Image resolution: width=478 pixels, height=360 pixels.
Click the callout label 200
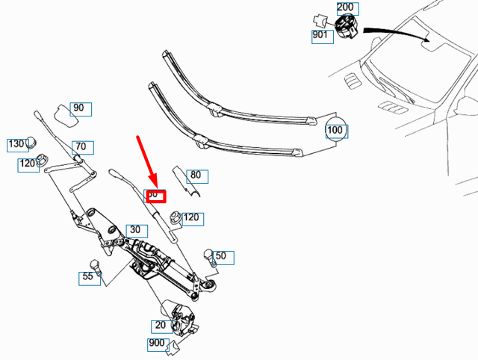(347, 9)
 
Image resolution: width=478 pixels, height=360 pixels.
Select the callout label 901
(322, 35)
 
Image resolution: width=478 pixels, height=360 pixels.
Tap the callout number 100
(336, 131)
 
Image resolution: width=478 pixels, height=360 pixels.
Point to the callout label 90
(79, 108)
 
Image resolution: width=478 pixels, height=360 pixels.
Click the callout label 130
(16, 143)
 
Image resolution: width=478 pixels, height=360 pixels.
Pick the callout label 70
(81, 147)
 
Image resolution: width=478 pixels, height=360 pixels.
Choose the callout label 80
(196, 176)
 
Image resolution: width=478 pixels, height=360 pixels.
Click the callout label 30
(135, 229)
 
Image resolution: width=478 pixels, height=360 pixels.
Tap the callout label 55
(88, 277)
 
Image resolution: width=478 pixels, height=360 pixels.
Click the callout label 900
(157, 344)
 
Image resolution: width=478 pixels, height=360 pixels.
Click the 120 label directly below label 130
(28, 164)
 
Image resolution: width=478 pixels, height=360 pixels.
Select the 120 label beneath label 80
(192, 218)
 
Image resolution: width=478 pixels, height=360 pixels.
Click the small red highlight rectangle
(155, 195)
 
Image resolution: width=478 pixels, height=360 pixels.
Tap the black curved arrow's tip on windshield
(430, 39)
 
